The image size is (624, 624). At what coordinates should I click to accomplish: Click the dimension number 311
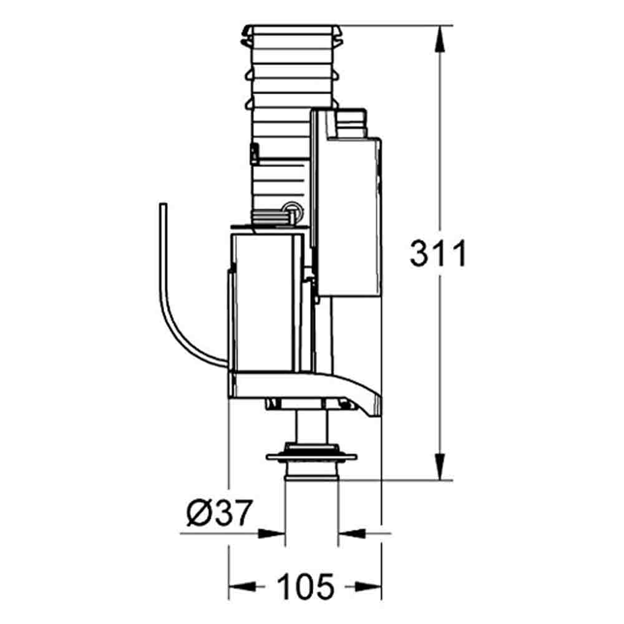click(x=438, y=253)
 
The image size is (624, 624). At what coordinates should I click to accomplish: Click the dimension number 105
click(x=306, y=587)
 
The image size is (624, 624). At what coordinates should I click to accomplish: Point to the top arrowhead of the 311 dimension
click(x=440, y=39)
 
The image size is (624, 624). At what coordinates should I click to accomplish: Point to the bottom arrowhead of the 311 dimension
click(x=440, y=466)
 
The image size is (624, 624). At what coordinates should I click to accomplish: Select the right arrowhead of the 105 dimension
click(x=368, y=586)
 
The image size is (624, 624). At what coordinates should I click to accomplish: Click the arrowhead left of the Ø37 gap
click(x=272, y=534)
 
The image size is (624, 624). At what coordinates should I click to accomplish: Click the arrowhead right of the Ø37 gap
click(x=352, y=534)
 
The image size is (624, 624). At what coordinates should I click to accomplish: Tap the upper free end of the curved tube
click(x=163, y=205)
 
